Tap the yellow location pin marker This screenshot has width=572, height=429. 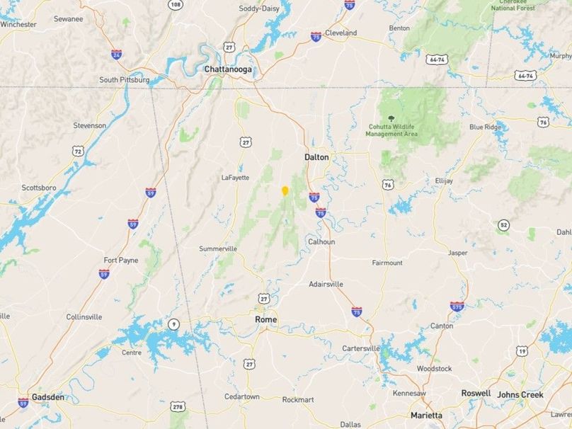(285, 190)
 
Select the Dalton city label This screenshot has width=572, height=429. (316, 157)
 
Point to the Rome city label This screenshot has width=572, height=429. (265, 320)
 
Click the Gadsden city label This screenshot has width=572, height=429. (47, 397)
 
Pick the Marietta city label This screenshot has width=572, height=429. (426, 416)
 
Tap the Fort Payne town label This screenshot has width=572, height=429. (121, 260)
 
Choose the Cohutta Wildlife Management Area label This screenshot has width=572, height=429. (391, 130)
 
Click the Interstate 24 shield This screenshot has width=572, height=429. (116, 54)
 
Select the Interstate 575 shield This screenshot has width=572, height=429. (457, 307)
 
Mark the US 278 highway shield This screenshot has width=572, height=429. (178, 406)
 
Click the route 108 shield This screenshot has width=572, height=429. (176, 5)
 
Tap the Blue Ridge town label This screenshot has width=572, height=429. (485, 127)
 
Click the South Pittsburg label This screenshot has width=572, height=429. (124, 80)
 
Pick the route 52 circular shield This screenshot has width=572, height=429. (503, 225)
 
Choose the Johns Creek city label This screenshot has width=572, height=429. (520, 394)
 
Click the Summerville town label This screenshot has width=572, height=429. (218, 248)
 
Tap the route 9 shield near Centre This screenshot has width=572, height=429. (173, 324)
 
